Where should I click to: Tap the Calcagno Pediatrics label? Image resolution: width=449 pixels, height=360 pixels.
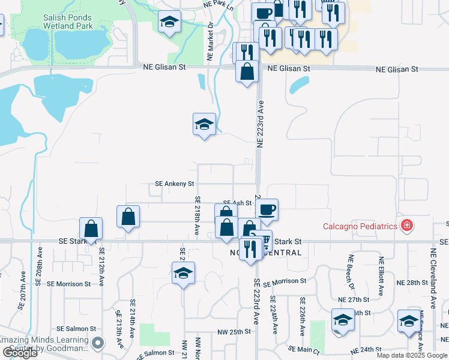360,226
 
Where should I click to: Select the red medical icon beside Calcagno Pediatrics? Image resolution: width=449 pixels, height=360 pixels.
408,226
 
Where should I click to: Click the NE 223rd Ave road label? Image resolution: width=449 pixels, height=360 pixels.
261,123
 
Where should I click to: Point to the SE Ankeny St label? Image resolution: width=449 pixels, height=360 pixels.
175,184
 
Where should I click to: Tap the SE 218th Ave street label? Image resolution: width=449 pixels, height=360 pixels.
197,215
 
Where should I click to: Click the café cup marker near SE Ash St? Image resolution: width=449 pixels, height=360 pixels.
267,210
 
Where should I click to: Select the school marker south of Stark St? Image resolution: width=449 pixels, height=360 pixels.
184,274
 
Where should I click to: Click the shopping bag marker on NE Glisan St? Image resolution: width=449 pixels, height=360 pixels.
247,72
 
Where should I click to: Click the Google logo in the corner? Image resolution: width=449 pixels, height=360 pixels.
20,352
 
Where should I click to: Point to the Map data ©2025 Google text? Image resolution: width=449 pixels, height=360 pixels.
412,355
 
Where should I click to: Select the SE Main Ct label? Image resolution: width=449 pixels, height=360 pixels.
304,349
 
